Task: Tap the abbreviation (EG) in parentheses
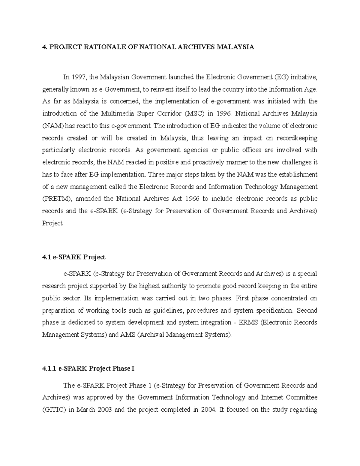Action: pos(281,77)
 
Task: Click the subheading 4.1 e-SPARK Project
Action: pos(73,257)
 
